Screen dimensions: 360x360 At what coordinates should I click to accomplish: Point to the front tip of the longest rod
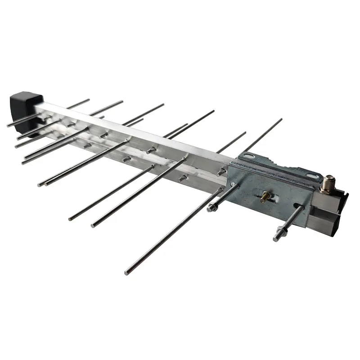click(x=127, y=272)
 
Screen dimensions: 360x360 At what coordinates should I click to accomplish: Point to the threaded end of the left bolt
click(x=209, y=209)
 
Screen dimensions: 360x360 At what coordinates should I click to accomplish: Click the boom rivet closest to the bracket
click(x=221, y=171)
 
